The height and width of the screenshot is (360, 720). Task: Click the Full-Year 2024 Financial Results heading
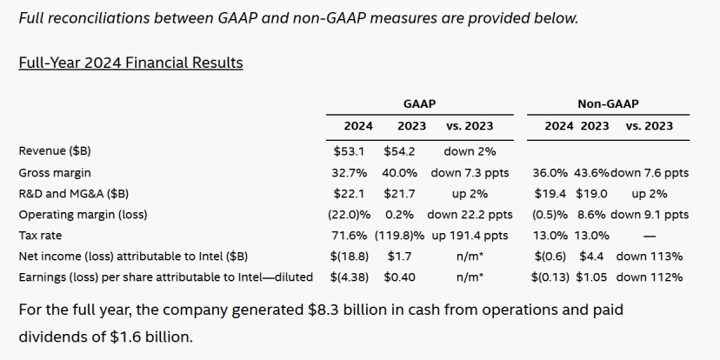point(130,63)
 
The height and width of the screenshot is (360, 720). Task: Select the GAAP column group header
point(419,103)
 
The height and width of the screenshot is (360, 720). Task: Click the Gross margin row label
point(55,172)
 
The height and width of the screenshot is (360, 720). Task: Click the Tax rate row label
point(41,235)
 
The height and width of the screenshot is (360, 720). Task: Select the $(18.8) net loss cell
point(347,256)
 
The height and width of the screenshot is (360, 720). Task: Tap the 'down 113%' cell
point(649,256)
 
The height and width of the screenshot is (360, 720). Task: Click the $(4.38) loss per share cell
point(347,277)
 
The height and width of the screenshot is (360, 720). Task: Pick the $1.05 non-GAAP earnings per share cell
point(594,277)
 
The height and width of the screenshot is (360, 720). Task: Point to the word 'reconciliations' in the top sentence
point(106,17)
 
